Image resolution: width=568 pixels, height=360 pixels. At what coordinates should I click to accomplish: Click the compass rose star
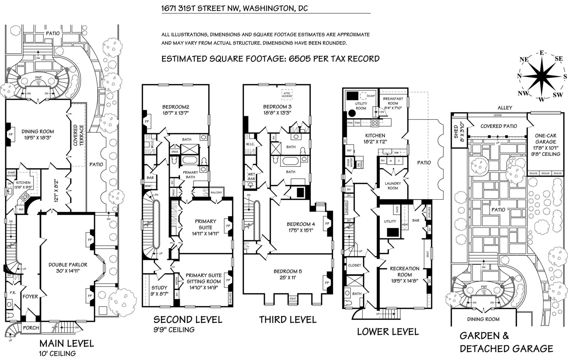point(541,77)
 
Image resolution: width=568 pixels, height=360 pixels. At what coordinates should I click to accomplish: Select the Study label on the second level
point(159,288)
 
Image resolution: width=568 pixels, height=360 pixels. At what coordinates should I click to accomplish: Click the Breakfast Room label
point(392,101)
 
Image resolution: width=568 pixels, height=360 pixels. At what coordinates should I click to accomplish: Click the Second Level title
point(187,319)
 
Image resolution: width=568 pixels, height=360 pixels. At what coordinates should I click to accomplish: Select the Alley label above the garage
point(505,108)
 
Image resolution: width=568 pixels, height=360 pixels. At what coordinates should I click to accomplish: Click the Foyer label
point(30,296)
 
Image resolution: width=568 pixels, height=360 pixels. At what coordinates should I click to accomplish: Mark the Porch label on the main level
point(31,328)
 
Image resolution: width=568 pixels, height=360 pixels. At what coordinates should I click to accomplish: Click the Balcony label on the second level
point(216,193)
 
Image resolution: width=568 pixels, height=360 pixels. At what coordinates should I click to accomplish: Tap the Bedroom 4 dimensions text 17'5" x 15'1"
point(301,230)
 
